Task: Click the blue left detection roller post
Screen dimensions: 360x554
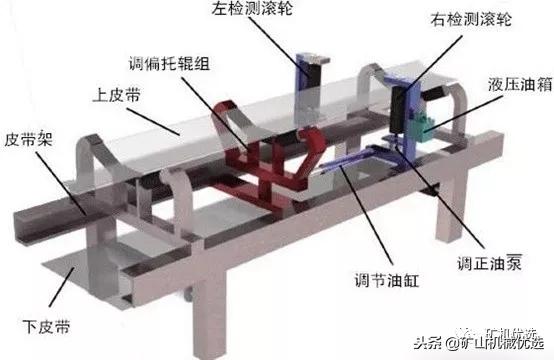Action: click(302, 75)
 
